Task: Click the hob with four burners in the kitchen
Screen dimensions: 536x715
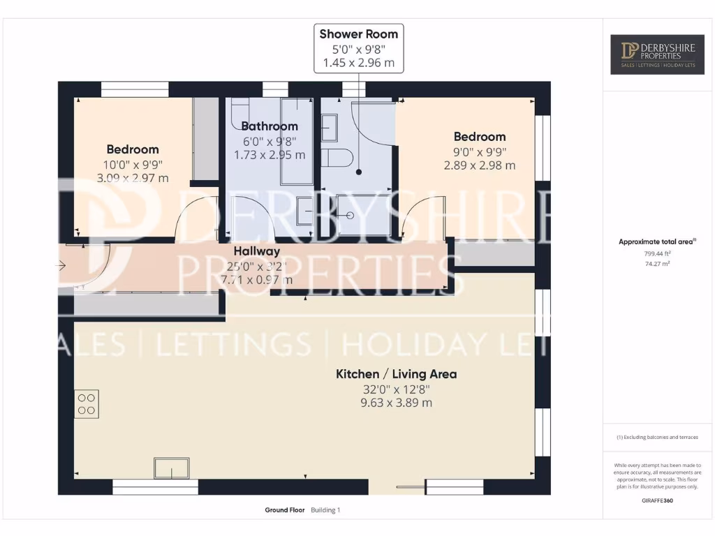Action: pos(87,404)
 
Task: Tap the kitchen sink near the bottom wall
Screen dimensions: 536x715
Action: pos(172,468)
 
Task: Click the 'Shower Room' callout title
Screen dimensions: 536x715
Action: pos(358,33)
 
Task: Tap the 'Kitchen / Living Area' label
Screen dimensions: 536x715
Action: pos(396,374)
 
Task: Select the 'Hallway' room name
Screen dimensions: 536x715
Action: pos(256,251)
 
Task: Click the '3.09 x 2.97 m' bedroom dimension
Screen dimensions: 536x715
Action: pos(133,178)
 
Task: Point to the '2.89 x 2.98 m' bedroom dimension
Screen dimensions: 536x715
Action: pos(479,165)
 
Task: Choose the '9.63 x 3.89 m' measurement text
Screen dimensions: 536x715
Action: pos(396,403)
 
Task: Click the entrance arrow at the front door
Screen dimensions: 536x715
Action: pos(61,265)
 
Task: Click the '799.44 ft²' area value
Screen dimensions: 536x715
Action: pos(656,254)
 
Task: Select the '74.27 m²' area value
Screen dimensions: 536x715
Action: pos(656,264)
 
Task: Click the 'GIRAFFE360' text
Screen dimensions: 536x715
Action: pos(656,500)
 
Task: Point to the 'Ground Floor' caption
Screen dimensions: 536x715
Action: pos(285,510)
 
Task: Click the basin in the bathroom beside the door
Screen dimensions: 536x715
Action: pos(304,211)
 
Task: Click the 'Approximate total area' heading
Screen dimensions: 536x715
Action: pos(656,241)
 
